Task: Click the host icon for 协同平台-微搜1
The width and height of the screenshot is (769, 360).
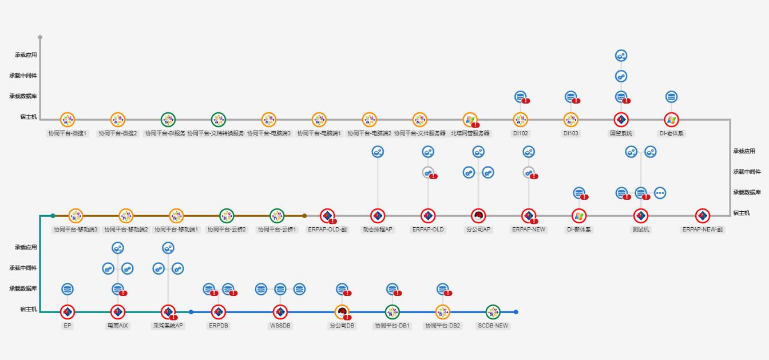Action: [x=68, y=120]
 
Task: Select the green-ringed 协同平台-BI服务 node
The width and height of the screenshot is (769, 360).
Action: [x=168, y=120]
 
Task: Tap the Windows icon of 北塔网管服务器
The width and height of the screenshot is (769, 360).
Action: [x=470, y=120]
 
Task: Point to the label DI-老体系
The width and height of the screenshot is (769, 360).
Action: [x=671, y=133]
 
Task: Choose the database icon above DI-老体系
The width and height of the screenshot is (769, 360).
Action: [x=671, y=97]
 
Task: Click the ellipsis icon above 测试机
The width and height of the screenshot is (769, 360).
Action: [x=660, y=193]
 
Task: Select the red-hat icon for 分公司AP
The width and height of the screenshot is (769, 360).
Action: [x=478, y=216]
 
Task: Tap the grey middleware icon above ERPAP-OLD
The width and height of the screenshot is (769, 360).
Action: [x=428, y=172]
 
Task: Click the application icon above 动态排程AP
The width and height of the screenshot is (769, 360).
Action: [x=378, y=152]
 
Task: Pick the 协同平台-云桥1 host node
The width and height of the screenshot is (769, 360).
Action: [x=277, y=216]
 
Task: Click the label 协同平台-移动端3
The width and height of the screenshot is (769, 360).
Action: [x=76, y=230]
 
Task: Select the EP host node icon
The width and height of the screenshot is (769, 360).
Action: [x=68, y=312]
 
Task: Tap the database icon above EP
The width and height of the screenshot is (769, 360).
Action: [x=68, y=289]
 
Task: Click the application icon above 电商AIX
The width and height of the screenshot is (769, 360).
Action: [x=118, y=248]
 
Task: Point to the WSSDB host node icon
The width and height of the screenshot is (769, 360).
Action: [x=280, y=312]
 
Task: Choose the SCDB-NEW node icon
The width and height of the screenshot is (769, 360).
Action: [x=493, y=312]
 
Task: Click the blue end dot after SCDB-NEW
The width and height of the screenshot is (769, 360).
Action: [x=516, y=312]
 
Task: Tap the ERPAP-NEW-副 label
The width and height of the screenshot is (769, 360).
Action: [x=703, y=230]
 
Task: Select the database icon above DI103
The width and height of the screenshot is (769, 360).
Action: [x=570, y=97]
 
